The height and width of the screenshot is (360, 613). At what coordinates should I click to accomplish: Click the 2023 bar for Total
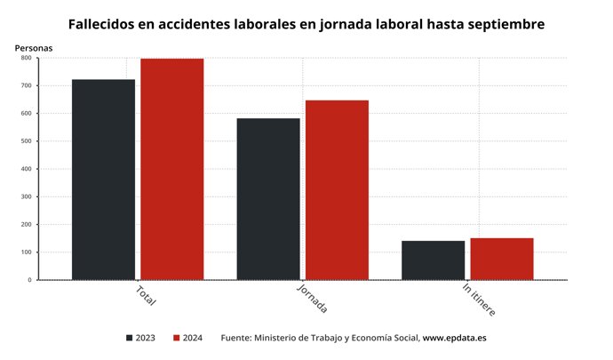103,180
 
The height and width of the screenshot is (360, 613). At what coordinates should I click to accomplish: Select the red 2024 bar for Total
171,169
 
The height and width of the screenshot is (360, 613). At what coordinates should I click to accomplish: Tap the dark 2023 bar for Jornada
267,199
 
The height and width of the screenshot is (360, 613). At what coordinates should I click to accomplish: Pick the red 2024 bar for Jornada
337,190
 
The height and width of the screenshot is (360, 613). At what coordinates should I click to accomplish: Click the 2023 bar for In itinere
433,260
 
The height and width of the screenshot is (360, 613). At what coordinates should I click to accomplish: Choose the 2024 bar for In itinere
502,259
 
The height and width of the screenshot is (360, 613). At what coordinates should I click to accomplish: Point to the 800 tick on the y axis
26,58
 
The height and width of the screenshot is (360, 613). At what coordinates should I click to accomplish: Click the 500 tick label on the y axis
26,141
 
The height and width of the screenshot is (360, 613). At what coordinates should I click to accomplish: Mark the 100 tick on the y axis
26,252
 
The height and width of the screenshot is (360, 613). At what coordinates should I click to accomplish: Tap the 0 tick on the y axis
29,280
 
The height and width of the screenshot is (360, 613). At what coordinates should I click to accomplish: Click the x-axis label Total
146,295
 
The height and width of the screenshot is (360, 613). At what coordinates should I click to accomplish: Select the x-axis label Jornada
311,300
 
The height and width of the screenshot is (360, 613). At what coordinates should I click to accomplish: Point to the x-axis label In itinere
479,300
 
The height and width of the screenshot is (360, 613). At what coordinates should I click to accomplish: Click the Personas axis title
33,46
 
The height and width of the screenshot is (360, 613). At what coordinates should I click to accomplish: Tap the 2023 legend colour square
130,338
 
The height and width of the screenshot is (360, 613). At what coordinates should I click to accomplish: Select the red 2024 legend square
177,338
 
